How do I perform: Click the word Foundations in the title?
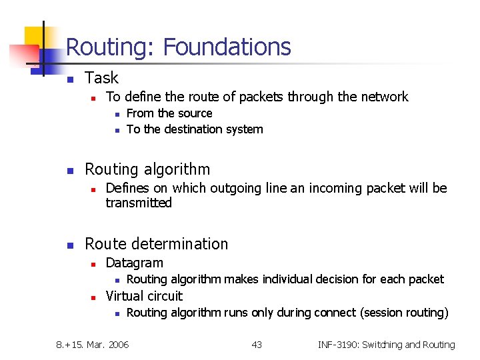pos(227,47)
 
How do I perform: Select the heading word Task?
pos(101,78)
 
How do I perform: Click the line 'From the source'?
pos(169,113)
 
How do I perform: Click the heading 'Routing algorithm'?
pos(147,169)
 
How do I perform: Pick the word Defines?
pos(127,189)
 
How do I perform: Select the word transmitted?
pos(139,203)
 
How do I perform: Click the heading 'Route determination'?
pos(156,244)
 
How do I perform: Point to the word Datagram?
pos(134,263)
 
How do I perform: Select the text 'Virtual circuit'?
pos(144,296)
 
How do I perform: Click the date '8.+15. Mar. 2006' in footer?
pos(93,345)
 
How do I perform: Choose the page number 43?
pos(257,345)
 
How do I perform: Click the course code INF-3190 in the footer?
pos(341,345)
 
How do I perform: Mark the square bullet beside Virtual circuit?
pos(95,297)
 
